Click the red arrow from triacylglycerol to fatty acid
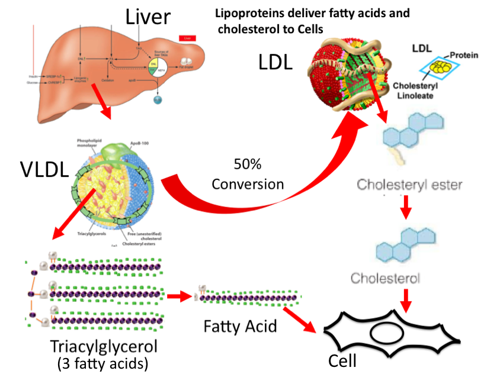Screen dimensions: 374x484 click(177, 295)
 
